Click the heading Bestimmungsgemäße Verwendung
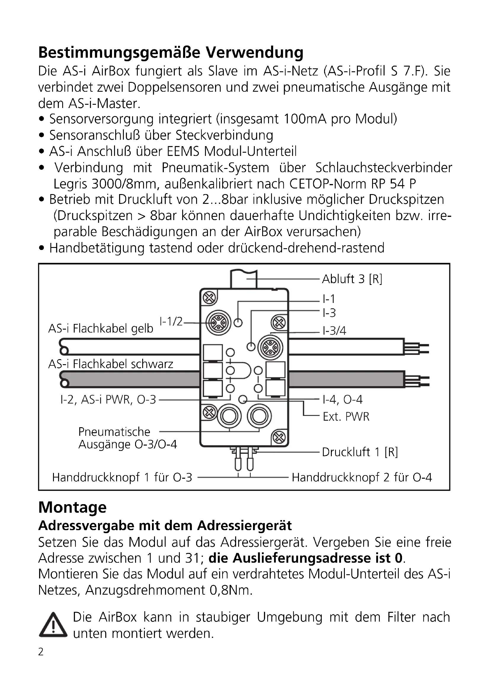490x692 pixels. click(171, 52)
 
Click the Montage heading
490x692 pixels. click(72, 507)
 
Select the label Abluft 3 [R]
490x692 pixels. click(352, 279)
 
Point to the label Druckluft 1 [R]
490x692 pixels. click(360, 452)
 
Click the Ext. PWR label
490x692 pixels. click(346, 417)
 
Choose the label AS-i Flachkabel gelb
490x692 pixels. click(101, 328)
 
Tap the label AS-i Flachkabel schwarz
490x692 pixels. click(111, 364)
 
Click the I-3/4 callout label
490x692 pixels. click(334, 331)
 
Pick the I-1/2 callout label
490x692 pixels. click(171, 322)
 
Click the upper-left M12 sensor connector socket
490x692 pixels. click(218, 323)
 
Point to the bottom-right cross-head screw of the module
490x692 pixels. click(279, 437)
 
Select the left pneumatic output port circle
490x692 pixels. click(229, 416)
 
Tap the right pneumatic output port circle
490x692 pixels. click(259, 416)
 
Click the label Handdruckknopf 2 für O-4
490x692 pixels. click(362, 478)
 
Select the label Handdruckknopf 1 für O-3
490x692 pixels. click(122, 478)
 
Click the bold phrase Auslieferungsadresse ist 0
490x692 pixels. click(306, 558)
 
